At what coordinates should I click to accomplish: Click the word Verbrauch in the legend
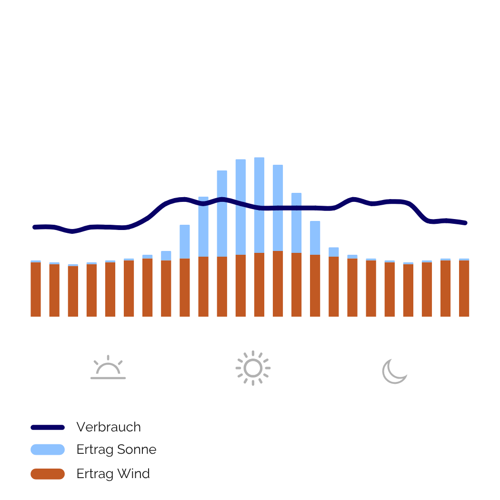(109, 427)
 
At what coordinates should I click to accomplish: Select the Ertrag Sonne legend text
(116, 450)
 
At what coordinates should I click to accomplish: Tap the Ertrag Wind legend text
(113, 474)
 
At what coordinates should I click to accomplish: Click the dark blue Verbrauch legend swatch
(48, 428)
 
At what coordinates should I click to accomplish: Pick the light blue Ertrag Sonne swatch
(48, 450)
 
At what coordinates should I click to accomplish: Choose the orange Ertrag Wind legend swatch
(48, 474)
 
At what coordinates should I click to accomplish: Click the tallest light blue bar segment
(259, 205)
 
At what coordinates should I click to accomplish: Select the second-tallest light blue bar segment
(240, 207)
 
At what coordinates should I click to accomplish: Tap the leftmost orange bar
(36, 289)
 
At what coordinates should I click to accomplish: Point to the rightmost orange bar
(464, 288)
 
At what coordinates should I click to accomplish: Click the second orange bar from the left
(54, 290)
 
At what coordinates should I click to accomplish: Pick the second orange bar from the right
(445, 288)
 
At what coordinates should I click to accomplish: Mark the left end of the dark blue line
(34, 227)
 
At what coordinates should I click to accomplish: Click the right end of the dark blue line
(465, 222)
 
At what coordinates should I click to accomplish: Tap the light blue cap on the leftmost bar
(36, 261)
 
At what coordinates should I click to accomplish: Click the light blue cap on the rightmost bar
(464, 259)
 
